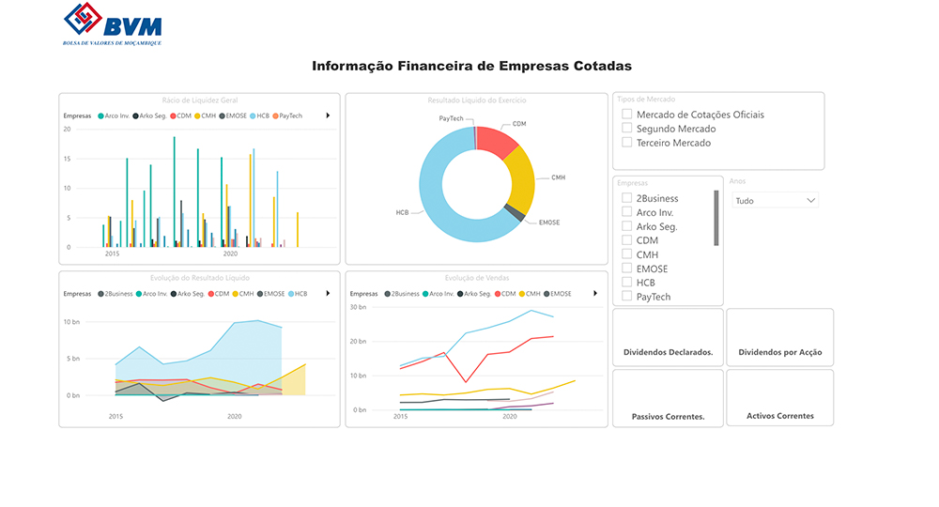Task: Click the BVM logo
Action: pos(112,23)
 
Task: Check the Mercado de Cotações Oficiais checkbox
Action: pos(626,115)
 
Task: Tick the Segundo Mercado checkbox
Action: pos(626,129)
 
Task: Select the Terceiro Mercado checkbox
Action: pos(626,143)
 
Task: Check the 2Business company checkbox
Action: pos(626,198)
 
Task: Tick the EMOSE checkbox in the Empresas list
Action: pos(626,269)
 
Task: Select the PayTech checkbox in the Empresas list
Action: pos(626,297)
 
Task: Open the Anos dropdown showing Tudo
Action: pos(776,200)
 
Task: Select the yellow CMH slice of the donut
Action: pos(519,182)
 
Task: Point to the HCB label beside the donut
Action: pos(402,213)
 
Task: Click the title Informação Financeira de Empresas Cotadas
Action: pos(471,67)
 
